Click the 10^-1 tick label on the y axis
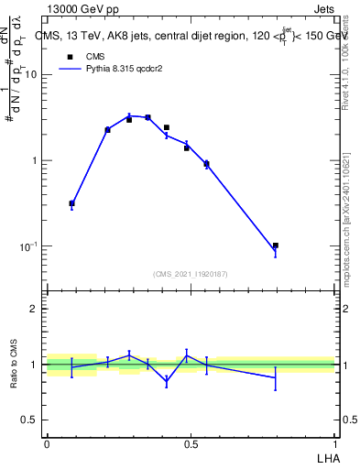pos(28,247)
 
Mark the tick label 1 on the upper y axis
pos(35,161)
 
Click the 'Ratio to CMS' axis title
pos(14,364)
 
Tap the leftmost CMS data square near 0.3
pos(71,203)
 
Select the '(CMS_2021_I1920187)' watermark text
pos(191,273)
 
